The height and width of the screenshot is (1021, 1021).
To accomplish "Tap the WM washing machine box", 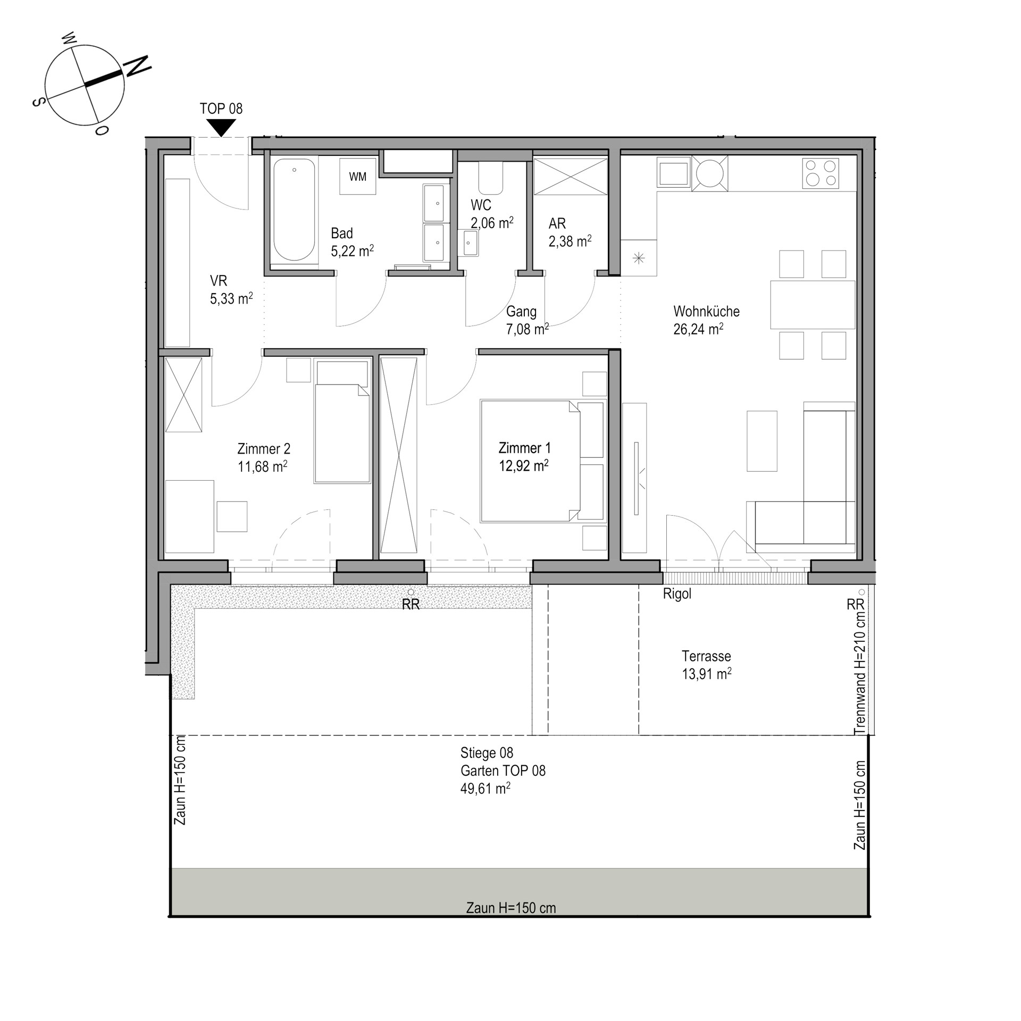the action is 358,177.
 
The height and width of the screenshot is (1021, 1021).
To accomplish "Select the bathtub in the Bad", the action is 294,210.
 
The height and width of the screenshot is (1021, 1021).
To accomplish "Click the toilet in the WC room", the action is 490,178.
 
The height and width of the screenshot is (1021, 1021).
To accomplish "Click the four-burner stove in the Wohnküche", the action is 821,173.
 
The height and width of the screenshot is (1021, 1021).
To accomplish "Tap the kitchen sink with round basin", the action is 710,173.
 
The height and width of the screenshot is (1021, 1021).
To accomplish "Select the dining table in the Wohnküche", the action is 813,305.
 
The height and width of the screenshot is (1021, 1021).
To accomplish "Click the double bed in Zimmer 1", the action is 542,461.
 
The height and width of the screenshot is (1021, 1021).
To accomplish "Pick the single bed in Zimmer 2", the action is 342,422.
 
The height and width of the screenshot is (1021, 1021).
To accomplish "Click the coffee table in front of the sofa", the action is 762,441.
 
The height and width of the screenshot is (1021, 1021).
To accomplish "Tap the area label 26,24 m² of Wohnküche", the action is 698,329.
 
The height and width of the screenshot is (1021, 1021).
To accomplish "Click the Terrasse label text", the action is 706,656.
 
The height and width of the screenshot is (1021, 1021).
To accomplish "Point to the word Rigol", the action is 677,594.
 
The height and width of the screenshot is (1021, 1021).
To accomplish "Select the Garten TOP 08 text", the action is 503,771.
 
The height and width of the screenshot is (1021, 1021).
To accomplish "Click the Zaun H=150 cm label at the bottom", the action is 510,908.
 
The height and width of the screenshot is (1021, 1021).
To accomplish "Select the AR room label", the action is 557,223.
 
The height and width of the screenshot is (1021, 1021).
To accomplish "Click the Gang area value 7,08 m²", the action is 527,329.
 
